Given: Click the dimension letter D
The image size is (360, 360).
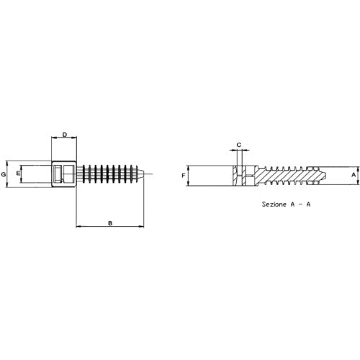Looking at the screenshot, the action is coord(65,135).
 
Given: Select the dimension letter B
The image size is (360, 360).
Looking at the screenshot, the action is coord(110,223).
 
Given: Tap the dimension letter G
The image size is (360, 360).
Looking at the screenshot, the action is coord(4,174).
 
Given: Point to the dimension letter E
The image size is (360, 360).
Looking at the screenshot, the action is coord(18,173).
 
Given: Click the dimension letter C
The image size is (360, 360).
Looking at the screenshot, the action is coord(239,145).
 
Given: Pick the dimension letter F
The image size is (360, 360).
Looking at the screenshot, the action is coord(184,176).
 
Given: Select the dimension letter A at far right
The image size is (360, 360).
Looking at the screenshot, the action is coord(354,175).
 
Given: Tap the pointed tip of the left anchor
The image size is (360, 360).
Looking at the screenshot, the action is coord(144,174).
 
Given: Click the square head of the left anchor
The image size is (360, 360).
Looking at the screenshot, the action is coord(64,174).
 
